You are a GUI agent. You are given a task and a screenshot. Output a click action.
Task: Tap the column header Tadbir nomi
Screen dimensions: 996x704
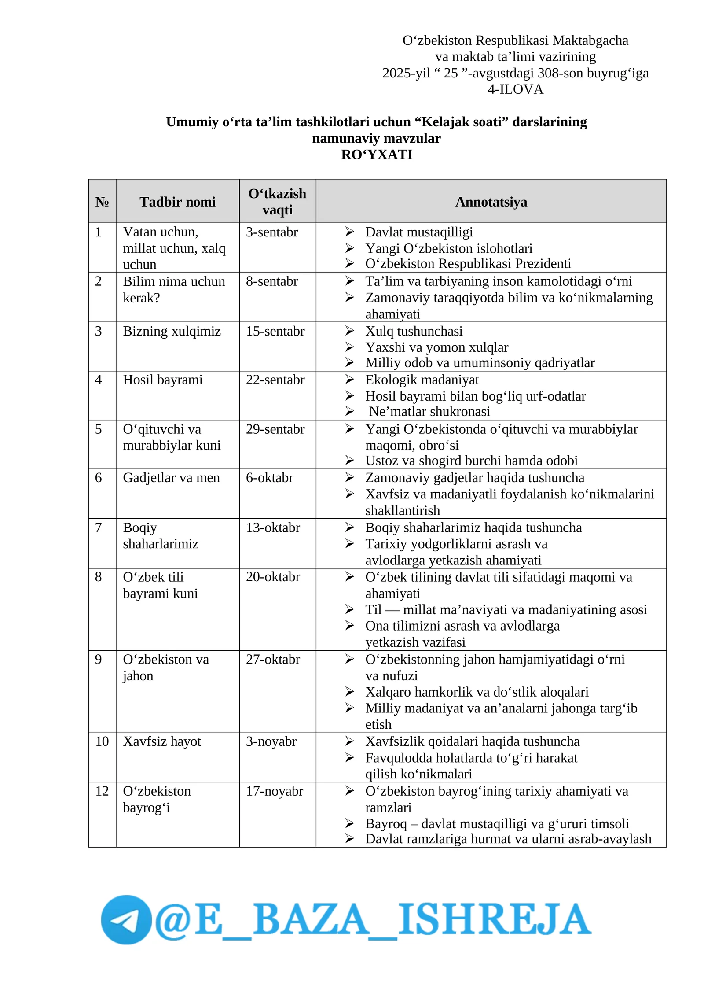(x=177, y=202)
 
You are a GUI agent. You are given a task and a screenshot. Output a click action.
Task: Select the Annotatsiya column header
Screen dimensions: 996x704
(x=491, y=202)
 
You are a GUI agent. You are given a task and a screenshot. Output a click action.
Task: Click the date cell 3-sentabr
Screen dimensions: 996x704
(x=271, y=232)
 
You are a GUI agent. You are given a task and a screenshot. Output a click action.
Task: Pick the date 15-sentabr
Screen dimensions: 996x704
(x=275, y=331)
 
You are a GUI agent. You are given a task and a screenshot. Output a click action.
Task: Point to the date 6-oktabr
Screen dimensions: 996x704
(x=269, y=478)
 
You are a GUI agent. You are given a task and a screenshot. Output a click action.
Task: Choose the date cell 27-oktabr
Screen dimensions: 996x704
(x=273, y=659)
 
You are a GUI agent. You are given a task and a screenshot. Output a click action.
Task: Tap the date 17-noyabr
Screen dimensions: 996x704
(x=274, y=791)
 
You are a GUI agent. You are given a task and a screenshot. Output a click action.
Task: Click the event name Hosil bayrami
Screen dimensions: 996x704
(x=163, y=380)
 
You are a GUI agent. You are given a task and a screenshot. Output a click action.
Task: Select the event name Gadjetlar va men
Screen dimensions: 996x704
(x=171, y=478)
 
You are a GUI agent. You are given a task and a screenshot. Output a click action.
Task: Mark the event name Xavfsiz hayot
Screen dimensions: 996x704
(x=162, y=741)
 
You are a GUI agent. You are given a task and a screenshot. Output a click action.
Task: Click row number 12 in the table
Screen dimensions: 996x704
(x=102, y=791)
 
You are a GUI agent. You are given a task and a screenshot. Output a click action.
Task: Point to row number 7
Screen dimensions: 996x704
(x=99, y=528)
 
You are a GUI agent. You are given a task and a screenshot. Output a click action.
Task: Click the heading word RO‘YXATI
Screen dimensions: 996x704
(x=377, y=155)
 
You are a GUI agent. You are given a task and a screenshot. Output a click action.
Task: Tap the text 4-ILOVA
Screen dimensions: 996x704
(x=515, y=89)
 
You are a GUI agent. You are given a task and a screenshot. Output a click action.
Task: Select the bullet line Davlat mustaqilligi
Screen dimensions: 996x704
(x=419, y=232)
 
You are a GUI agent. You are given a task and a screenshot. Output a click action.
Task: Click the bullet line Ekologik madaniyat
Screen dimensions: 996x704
(x=422, y=380)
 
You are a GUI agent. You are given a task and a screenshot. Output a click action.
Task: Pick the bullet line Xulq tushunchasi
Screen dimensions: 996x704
(x=414, y=331)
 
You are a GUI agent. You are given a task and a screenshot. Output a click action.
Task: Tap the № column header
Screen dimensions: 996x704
(x=102, y=202)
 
